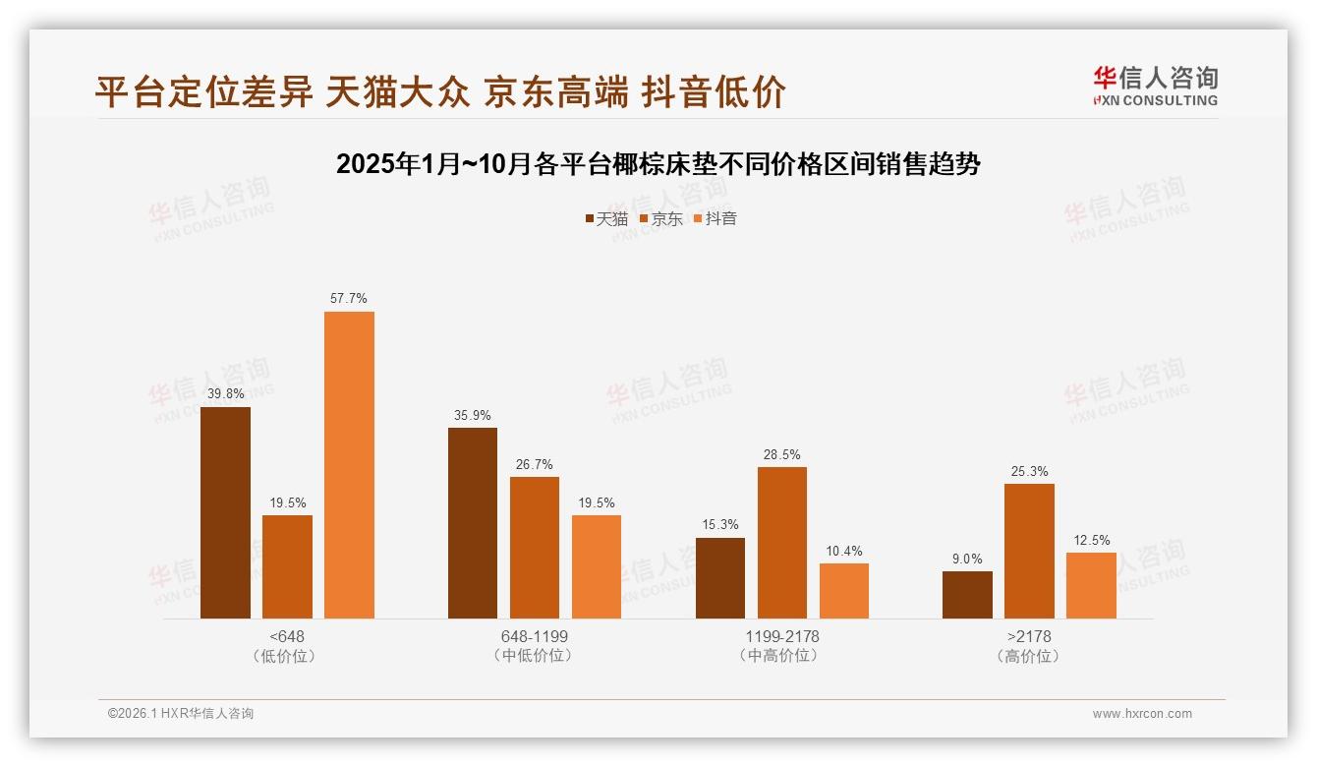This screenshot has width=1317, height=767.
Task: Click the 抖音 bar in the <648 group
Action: [x=349, y=464]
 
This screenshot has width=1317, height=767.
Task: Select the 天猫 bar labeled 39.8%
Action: [x=225, y=512]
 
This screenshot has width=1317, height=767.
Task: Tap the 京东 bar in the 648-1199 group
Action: [x=535, y=547]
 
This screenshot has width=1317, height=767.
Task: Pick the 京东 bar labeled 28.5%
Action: [x=782, y=542]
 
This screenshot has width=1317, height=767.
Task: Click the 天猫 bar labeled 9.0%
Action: [x=967, y=594]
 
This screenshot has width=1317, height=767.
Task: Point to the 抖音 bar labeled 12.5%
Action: [x=1091, y=585]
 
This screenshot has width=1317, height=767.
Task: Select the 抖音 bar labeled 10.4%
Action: [x=844, y=590]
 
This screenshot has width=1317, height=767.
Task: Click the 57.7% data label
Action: [x=349, y=298]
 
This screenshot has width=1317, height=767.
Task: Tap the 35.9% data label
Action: [x=473, y=415]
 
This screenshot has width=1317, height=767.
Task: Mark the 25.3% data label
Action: [x=1029, y=471]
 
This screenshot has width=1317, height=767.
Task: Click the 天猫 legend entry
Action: [x=606, y=218]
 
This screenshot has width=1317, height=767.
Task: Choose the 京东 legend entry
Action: [x=661, y=218]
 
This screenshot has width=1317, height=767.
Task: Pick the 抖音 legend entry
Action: [x=716, y=218]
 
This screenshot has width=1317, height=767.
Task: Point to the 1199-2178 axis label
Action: [x=781, y=636]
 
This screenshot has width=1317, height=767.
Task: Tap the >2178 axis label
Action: [x=1029, y=636]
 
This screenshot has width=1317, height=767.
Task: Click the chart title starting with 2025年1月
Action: [x=658, y=164]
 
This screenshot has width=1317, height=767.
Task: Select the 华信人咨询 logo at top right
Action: [x=1155, y=86]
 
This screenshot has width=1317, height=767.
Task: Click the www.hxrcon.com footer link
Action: [x=1142, y=714]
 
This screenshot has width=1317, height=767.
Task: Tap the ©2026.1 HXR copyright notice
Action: [x=181, y=714]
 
